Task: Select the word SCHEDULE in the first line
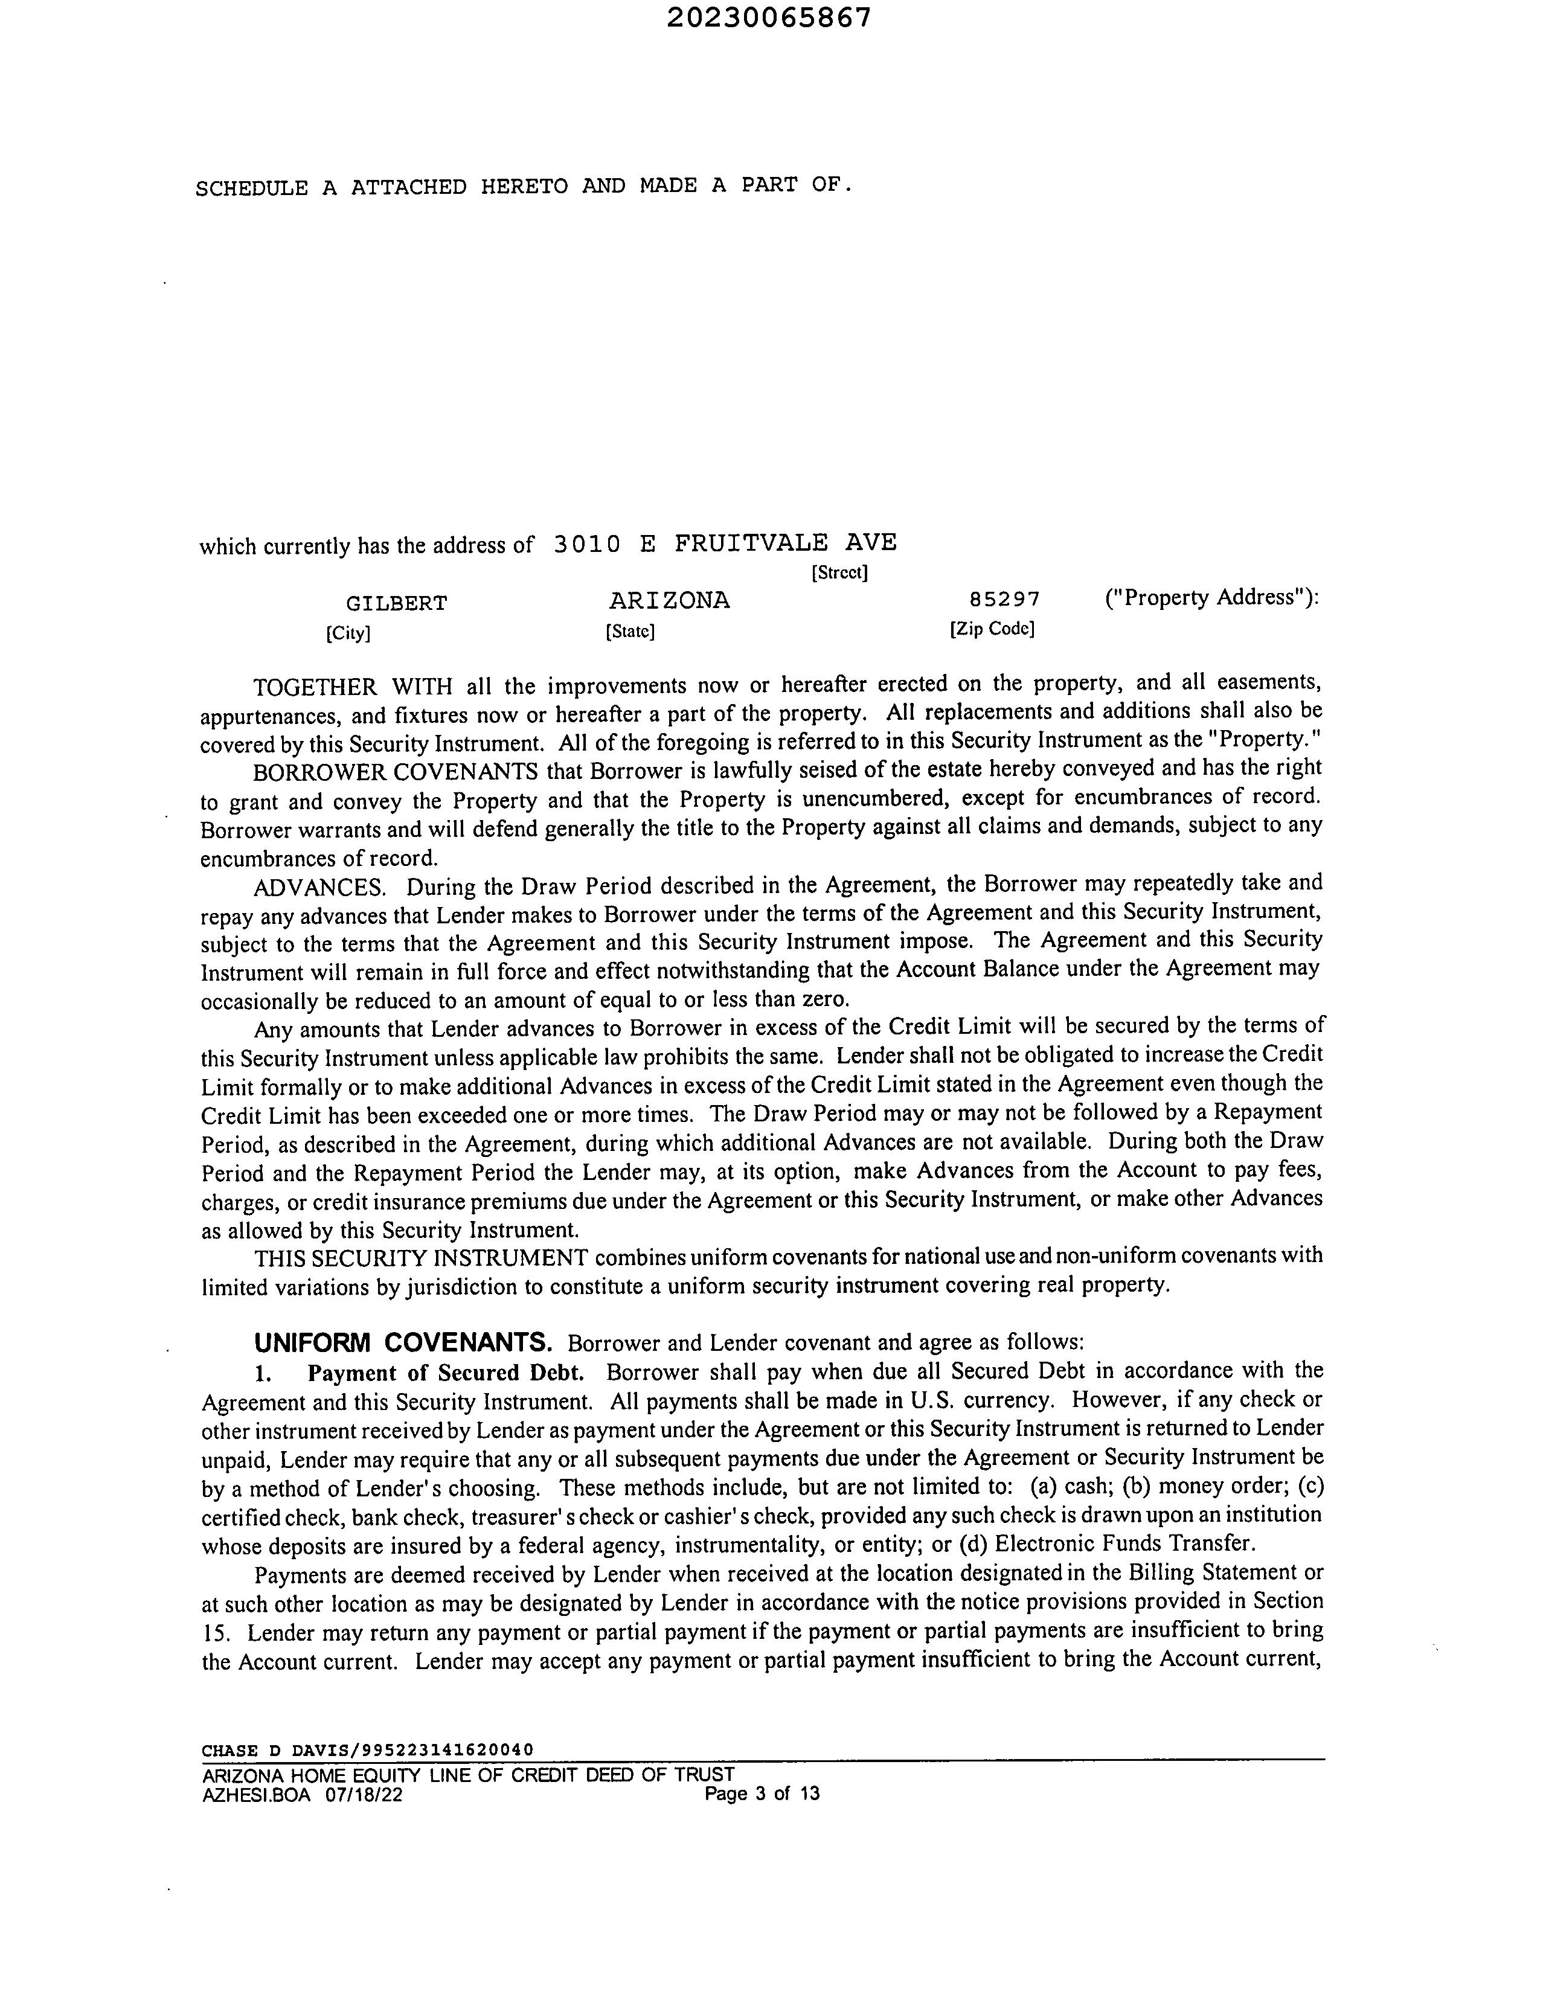251,188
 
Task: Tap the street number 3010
586,544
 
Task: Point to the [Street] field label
839,573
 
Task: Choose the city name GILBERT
397,603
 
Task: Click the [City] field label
348,633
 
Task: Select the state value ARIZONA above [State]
670,601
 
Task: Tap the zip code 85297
1005,600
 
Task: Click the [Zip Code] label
992,630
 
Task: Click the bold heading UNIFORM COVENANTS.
403,1344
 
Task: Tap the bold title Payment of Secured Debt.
446,1373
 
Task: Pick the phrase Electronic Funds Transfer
1124,1544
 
